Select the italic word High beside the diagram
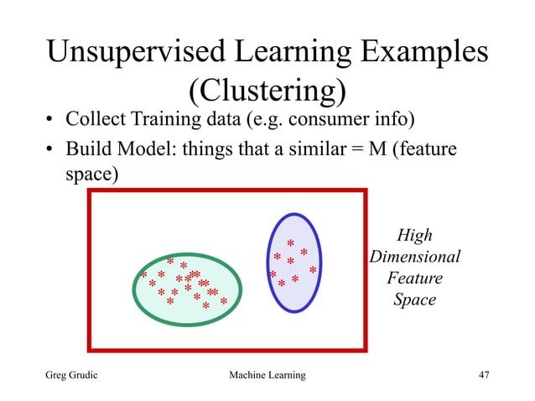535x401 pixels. pos(414,237)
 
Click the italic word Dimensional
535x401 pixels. pos(415,257)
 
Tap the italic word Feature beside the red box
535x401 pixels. pos(414,278)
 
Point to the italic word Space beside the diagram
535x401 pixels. pos(414,299)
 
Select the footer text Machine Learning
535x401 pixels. pos(267,375)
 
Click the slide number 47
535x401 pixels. pos(483,375)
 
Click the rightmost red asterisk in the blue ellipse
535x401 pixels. pos(313,271)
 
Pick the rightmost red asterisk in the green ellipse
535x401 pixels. pos(224,301)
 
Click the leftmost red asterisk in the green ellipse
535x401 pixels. pos(143,275)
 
